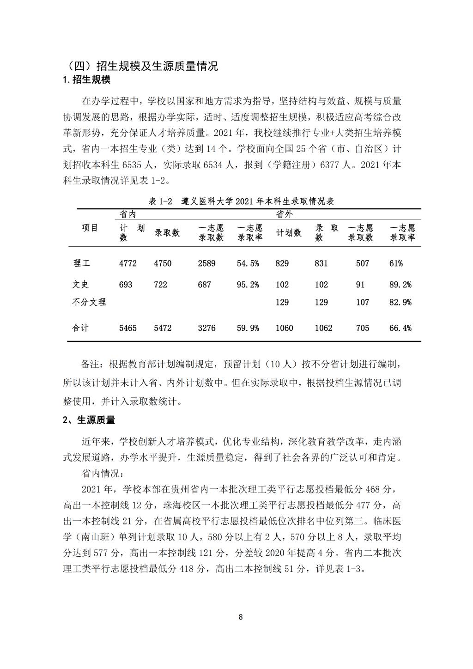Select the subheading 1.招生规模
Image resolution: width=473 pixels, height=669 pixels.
(x=86, y=79)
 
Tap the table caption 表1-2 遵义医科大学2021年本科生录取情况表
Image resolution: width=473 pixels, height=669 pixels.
(x=241, y=201)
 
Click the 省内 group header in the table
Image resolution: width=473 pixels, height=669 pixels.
(x=127, y=214)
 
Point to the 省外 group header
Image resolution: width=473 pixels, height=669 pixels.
(x=284, y=214)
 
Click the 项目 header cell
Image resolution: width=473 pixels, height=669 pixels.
(x=90, y=228)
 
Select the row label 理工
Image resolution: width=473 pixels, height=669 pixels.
(x=82, y=263)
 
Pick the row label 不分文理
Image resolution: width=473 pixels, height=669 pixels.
(x=89, y=302)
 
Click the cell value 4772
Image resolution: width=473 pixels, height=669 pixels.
(x=128, y=263)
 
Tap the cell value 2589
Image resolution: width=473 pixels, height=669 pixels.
(x=206, y=263)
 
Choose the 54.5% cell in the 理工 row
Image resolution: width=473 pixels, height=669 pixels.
(x=248, y=263)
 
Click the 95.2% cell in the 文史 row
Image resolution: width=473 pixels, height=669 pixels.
(x=248, y=285)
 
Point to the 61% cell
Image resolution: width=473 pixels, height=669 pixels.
(x=396, y=263)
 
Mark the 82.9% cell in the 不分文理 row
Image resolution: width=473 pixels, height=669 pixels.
(x=400, y=302)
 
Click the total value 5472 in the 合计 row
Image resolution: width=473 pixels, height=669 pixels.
(x=163, y=328)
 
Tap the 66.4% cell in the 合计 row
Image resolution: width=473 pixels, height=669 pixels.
(x=400, y=328)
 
